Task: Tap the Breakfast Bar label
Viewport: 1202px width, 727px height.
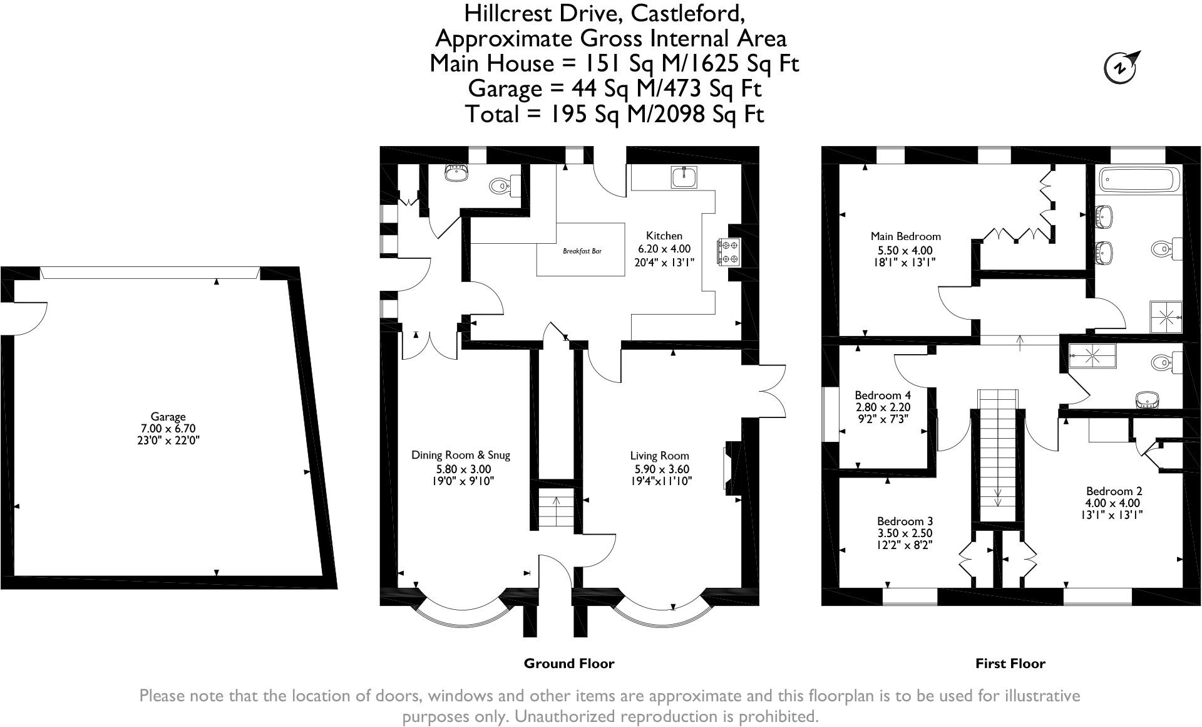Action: [x=582, y=251]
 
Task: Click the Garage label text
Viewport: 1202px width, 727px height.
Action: [x=168, y=416]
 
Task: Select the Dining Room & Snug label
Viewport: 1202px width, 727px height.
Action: [x=460, y=455]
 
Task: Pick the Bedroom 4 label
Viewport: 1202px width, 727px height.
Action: [x=883, y=395]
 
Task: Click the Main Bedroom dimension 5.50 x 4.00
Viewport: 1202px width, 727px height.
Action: [x=905, y=250]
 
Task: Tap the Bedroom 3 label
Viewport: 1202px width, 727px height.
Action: [x=905, y=521]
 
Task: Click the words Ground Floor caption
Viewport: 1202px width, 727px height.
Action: [x=568, y=663]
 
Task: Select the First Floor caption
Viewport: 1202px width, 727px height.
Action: [x=1010, y=663]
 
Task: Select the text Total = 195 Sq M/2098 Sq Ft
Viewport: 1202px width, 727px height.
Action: [x=614, y=114]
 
